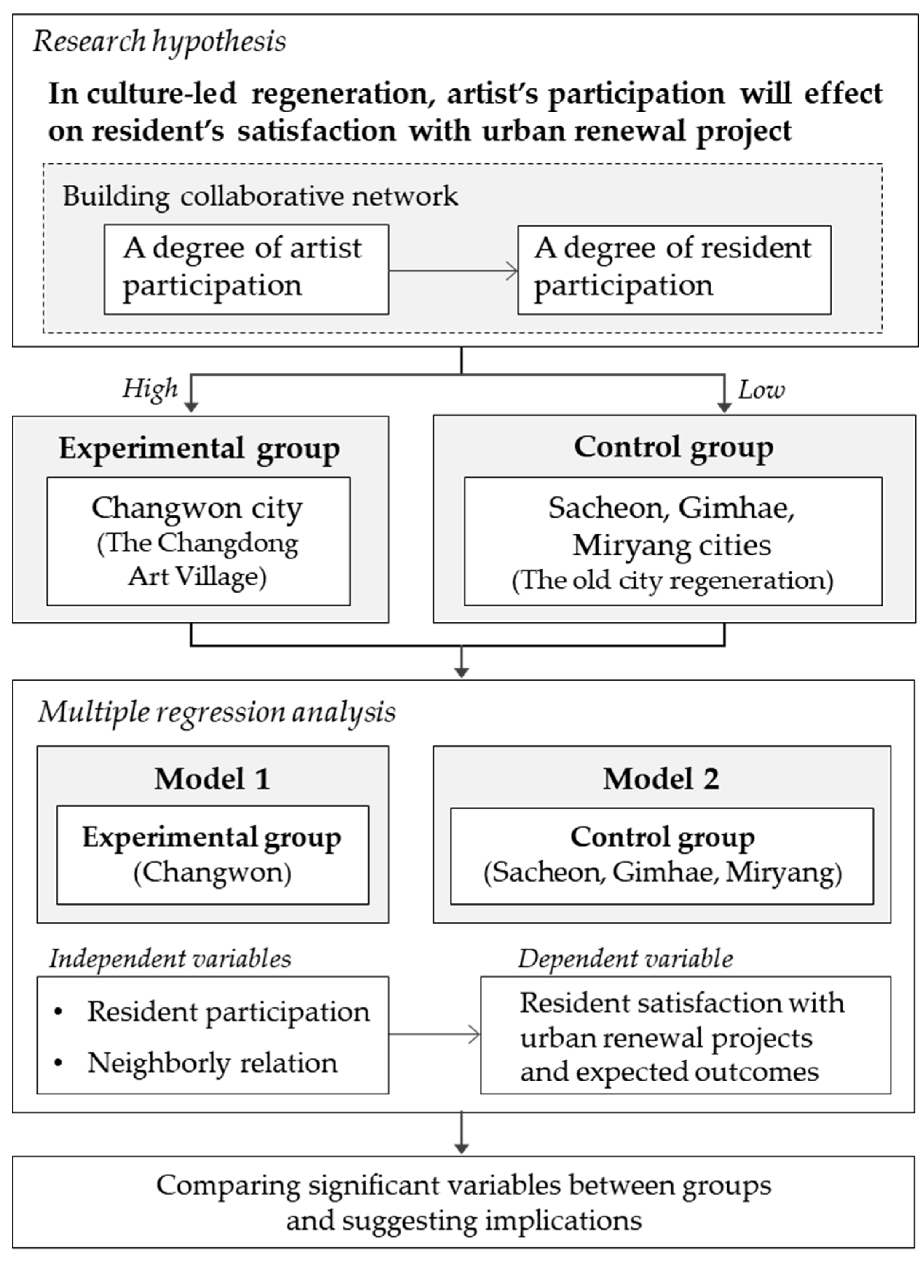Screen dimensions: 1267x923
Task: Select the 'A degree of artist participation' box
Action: (x=246, y=269)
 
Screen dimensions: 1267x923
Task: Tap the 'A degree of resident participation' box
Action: (x=674, y=270)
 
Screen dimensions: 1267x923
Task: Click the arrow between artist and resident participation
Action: (x=453, y=272)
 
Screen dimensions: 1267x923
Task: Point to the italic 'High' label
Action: (x=150, y=388)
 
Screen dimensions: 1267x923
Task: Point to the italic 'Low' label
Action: (x=761, y=389)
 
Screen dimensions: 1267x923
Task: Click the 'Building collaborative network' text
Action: (x=260, y=196)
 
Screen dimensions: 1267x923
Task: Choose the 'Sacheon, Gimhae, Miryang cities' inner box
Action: (x=673, y=541)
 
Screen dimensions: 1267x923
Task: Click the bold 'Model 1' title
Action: (x=212, y=779)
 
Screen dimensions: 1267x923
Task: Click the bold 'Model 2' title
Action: (x=661, y=779)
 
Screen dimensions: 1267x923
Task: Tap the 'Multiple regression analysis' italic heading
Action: (x=217, y=712)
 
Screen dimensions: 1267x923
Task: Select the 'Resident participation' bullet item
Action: (x=228, y=1012)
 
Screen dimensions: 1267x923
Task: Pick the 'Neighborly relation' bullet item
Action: (x=212, y=1062)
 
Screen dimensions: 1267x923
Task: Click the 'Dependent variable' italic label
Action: (x=625, y=959)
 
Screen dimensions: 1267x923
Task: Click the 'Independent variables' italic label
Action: (x=170, y=959)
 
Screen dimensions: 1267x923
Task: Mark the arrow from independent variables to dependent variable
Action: (x=434, y=1035)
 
